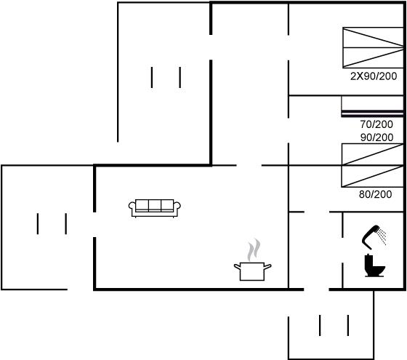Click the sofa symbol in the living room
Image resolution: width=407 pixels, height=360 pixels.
[155, 208]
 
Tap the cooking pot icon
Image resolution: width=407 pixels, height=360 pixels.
[252, 271]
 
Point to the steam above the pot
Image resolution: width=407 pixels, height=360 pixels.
[254, 250]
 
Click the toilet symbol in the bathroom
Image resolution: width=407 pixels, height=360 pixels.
[374, 265]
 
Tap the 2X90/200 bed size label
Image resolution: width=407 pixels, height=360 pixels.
[374, 76]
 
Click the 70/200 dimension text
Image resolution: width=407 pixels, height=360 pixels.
[376, 124]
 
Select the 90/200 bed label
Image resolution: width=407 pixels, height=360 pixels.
[377, 137]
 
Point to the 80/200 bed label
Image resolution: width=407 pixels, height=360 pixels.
[375, 194]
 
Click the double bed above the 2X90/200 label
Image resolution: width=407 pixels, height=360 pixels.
[373, 47]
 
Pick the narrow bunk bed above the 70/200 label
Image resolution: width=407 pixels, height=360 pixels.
[372, 106]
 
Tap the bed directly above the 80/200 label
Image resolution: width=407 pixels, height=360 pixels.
[372, 176]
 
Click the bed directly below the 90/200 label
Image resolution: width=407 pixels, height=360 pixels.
[372, 154]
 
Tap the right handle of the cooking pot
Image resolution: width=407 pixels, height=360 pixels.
[267, 266]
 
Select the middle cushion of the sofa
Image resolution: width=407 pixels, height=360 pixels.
[155, 205]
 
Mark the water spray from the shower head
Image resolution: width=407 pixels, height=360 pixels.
[382, 236]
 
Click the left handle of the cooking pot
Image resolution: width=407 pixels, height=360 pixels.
[237, 266]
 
